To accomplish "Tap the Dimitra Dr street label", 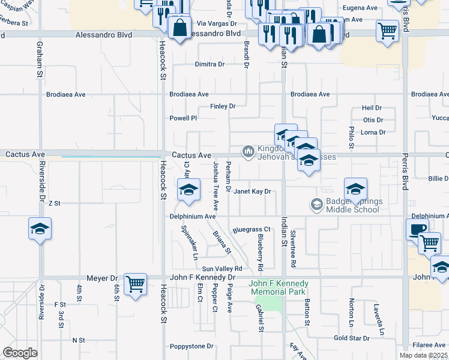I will (209, 64).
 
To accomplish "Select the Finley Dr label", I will (223, 106).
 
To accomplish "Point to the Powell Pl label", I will (183, 118).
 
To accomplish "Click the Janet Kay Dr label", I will (253, 192).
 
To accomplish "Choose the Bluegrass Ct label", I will (252, 229).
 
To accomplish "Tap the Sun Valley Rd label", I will (222, 268).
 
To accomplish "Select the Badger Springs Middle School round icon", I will (316, 205).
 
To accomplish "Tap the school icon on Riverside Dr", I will (40, 229).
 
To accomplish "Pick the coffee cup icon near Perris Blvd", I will (417, 229).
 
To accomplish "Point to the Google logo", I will (20, 353).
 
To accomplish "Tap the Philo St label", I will (351, 137).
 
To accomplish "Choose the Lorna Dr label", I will (373, 132).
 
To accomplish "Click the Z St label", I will (55, 203).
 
